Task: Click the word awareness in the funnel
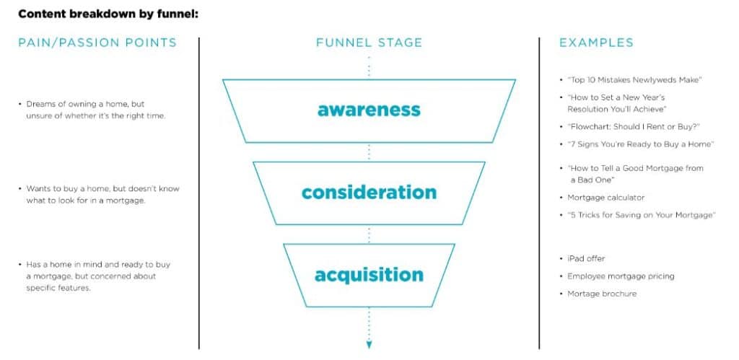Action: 369,110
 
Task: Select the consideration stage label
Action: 369,193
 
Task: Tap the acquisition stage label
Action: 369,275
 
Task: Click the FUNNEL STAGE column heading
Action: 369,43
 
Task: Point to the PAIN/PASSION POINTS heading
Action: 97,43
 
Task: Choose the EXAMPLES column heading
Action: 596,43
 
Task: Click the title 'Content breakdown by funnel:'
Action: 108,13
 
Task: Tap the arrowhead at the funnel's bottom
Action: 369,344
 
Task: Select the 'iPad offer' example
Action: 586,258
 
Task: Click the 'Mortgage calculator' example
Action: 605,197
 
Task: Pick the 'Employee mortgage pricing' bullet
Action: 621,276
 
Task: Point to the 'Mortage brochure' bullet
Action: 602,294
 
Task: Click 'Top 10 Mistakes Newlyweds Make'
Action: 634,80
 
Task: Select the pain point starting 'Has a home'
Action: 97,276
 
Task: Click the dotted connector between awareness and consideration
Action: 369,152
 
